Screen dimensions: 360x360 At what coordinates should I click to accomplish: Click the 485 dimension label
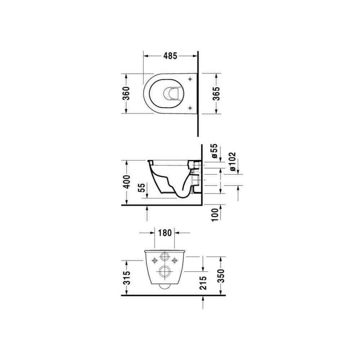(170, 56)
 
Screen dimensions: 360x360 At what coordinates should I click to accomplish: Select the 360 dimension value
(126, 93)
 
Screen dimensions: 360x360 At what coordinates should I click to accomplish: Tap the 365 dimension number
(216, 94)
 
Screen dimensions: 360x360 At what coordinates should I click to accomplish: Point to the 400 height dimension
(126, 182)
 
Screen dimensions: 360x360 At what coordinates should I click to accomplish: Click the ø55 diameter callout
(214, 151)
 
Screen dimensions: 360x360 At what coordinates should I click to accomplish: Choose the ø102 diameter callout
(232, 161)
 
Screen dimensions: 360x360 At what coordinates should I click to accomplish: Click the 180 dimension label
(165, 233)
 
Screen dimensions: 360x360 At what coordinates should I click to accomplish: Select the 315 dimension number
(126, 278)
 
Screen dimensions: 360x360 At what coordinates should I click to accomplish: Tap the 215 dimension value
(203, 283)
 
